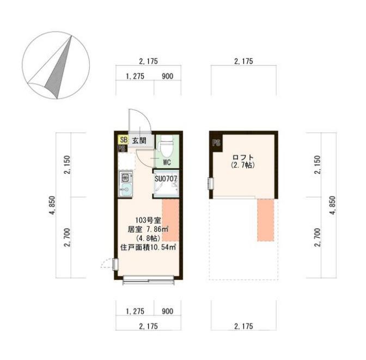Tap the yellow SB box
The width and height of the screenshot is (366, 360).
[x=123, y=140]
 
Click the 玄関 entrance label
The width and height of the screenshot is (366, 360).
[x=139, y=140]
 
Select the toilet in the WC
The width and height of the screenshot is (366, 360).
[x=167, y=146]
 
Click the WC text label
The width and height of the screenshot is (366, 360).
[x=167, y=162]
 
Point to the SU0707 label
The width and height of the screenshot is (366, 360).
[x=167, y=178]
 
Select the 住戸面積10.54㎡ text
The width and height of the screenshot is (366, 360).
[x=148, y=247]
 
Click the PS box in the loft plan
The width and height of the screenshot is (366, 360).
[x=216, y=144]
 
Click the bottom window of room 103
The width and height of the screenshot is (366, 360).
[x=149, y=280]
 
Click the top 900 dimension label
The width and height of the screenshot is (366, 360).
[x=167, y=76]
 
